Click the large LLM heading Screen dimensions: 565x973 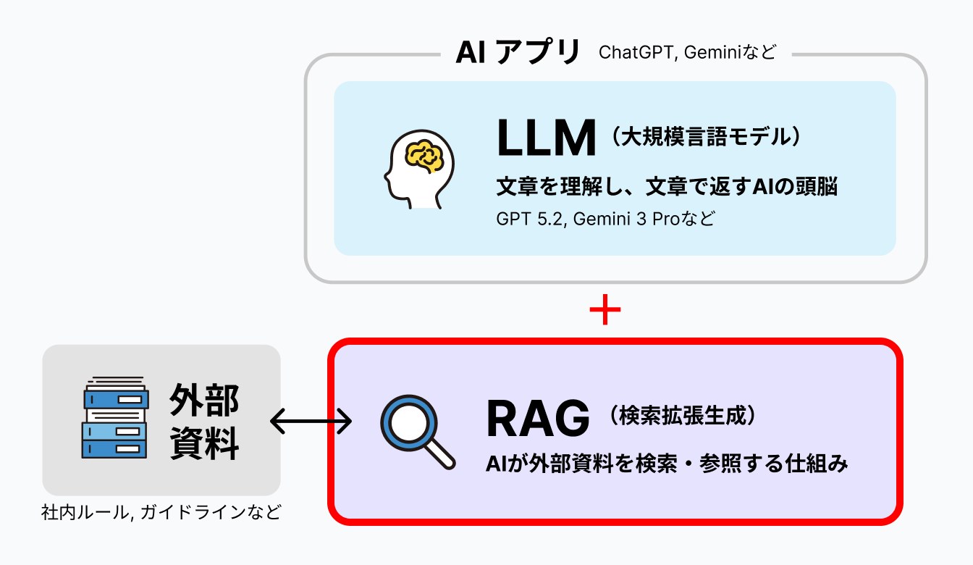click(x=546, y=138)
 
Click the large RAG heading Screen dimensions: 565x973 click(x=538, y=419)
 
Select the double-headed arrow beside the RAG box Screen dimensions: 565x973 click(x=311, y=420)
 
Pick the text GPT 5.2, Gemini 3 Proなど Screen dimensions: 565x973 click(x=605, y=219)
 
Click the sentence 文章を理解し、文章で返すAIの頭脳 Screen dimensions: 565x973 click(x=667, y=187)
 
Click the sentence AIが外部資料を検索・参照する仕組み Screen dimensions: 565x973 click(x=667, y=464)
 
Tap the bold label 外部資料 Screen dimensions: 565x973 click(x=204, y=422)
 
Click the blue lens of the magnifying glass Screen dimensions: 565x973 click(x=407, y=420)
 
